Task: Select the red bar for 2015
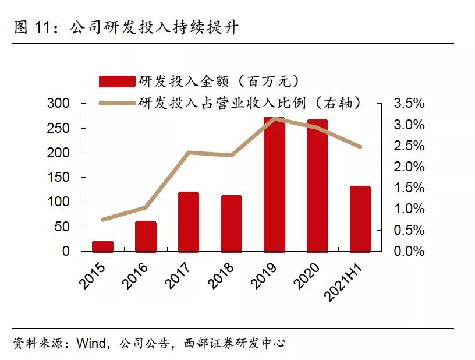coord(102,246)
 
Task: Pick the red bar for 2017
coord(188,222)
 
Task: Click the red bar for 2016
coord(146,237)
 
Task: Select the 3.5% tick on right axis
coord(409,104)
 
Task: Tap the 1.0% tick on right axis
coord(409,209)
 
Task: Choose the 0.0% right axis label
coord(409,252)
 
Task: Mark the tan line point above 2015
coord(103,220)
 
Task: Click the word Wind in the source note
coord(90,343)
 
